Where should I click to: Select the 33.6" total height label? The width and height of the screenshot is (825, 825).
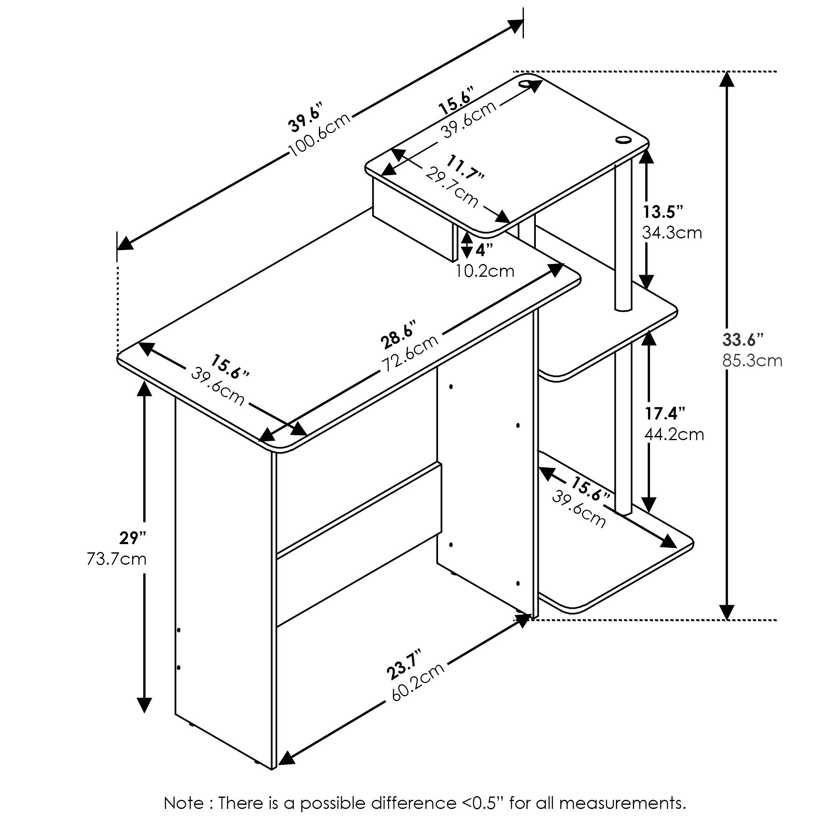pyautogui.click(x=742, y=340)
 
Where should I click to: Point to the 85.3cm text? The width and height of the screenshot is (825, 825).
pyautogui.click(x=752, y=361)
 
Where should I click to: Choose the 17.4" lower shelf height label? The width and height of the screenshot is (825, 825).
pyautogui.click(x=665, y=413)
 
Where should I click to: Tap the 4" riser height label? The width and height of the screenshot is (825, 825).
pyautogui.click(x=484, y=250)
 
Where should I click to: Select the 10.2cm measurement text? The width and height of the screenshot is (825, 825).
pyautogui.click(x=485, y=271)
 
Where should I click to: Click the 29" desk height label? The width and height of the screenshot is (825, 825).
pyautogui.click(x=133, y=538)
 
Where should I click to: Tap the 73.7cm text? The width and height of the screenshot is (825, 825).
pyautogui.click(x=117, y=559)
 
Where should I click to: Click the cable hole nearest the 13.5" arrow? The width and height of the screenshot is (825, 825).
pyautogui.click(x=624, y=140)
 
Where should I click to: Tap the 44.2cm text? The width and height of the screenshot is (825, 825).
pyautogui.click(x=674, y=435)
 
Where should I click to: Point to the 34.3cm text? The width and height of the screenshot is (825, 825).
pyautogui.click(x=672, y=233)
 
